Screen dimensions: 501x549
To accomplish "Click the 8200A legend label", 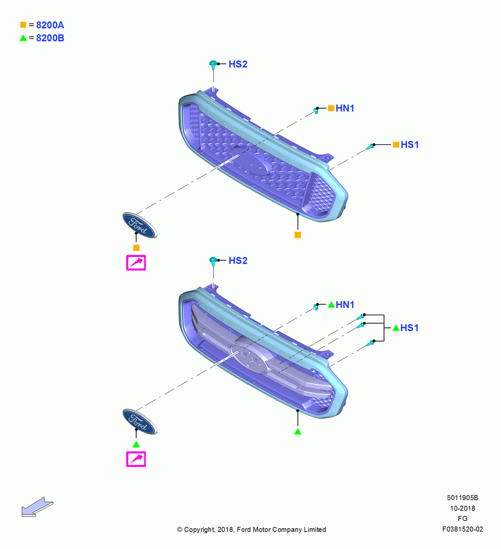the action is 50,25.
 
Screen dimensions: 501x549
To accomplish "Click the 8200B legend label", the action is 50,38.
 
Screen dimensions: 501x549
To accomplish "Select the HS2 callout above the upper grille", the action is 238,64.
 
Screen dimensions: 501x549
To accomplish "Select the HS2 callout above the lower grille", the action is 238,260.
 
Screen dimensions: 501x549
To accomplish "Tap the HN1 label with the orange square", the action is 345,108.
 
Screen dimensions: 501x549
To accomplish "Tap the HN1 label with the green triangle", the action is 345,305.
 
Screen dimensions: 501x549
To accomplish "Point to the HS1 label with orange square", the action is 410,144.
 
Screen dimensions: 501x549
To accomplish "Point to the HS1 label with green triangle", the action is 410,328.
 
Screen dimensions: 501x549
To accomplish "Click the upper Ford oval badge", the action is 140,225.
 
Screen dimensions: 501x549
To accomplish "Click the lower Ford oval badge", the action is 140,421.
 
